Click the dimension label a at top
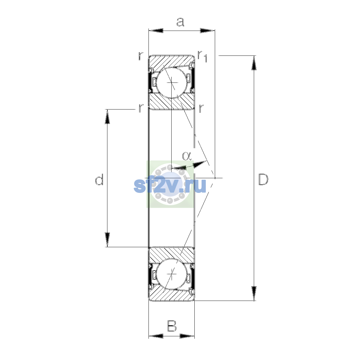180,22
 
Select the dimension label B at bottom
172,326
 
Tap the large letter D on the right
263,179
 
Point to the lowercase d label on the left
99,179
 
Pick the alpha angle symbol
187,156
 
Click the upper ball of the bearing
172,82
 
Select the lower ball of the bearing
172,274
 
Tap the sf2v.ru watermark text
170,185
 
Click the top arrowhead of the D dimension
254,63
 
